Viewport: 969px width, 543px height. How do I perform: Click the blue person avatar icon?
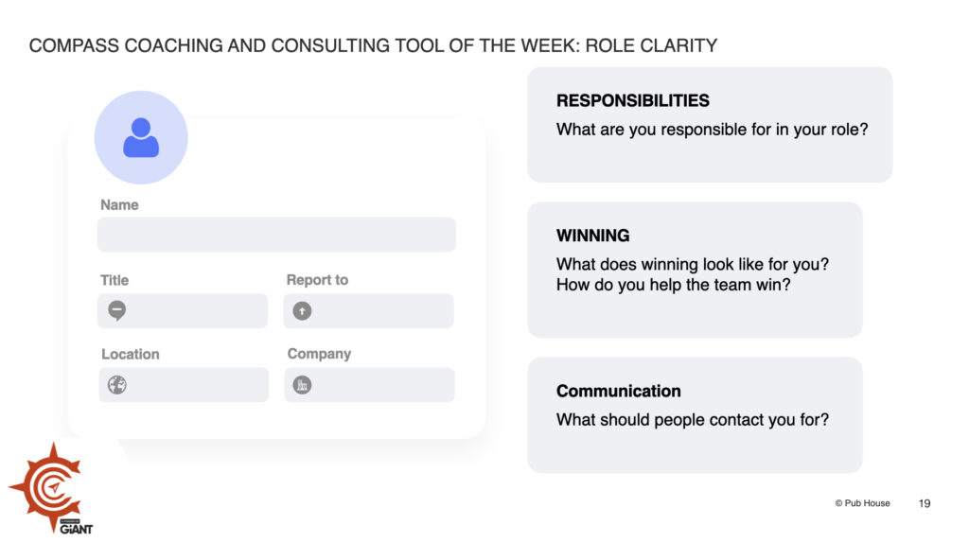pyautogui.click(x=141, y=137)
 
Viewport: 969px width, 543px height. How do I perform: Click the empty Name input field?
pyautogui.click(x=276, y=234)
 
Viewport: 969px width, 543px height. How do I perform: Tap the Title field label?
pyautogui.click(x=115, y=280)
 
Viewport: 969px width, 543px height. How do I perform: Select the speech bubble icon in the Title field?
pyautogui.click(x=116, y=310)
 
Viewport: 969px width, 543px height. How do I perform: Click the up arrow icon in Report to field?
pyautogui.click(x=302, y=310)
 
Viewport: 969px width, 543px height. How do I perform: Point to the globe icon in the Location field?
pyautogui.click(x=116, y=385)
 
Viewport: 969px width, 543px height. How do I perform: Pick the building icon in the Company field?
pyautogui.click(x=302, y=385)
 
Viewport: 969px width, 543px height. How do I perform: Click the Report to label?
pyautogui.click(x=317, y=280)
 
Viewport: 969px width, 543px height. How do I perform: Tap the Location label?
pyautogui.click(x=131, y=354)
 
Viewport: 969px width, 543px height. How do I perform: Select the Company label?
pyautogui.click(x=319, y=354)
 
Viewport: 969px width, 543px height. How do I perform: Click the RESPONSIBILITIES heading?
pyautogui.click(x=633, y=100)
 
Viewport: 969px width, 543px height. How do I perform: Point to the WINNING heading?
pyautogui.click(x=592, y=236)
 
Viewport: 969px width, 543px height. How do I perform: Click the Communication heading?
pyautogui.click(x=619, y=391)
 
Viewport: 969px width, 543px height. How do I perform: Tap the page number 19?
pyautogui.click(x=925, y=503)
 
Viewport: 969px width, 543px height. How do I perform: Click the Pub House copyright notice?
pyautogui.click(x=863, y=503)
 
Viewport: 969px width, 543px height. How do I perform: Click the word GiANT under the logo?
pyautogui.click(x=77, y=529)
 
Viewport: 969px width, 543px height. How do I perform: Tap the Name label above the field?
pyautogui.click(x=119, y=205)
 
